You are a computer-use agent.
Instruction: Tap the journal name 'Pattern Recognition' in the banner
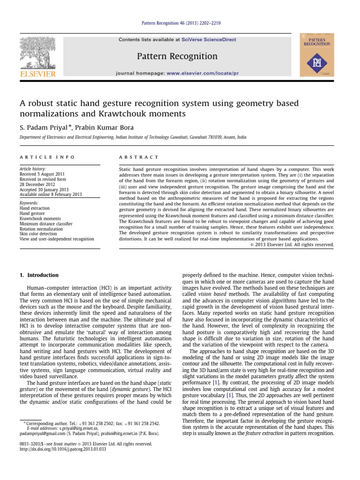(177, 57)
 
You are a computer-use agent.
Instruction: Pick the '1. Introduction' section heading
(39, 275)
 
